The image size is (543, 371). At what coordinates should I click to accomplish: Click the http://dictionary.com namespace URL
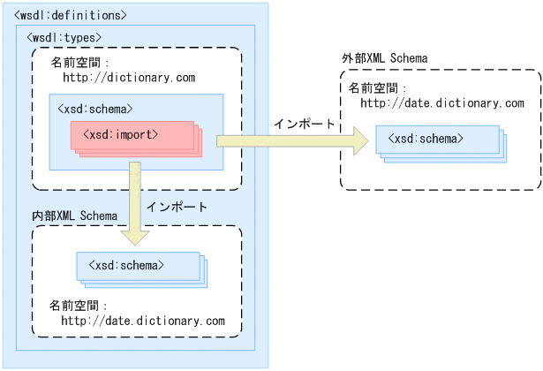click(x=128, y=78)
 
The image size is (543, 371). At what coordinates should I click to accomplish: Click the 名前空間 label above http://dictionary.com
click(x=79, y=63)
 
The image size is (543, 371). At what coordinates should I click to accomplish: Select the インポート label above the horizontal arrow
click(x=305, y=124)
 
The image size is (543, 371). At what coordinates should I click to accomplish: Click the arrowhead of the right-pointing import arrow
click(x=357, y=140)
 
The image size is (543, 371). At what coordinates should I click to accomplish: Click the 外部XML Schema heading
click(x=385, y=58)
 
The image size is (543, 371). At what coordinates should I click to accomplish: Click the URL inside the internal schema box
click(x=143, y=320)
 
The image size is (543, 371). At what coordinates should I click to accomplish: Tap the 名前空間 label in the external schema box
click(x=377, y=88)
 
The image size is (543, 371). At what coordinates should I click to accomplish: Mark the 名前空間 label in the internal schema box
click(x=79, y=305)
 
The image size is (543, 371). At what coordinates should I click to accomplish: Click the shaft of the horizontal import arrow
click(x=283, y=140)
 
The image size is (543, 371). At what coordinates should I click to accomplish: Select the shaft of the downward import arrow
click(x=135, y=194)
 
